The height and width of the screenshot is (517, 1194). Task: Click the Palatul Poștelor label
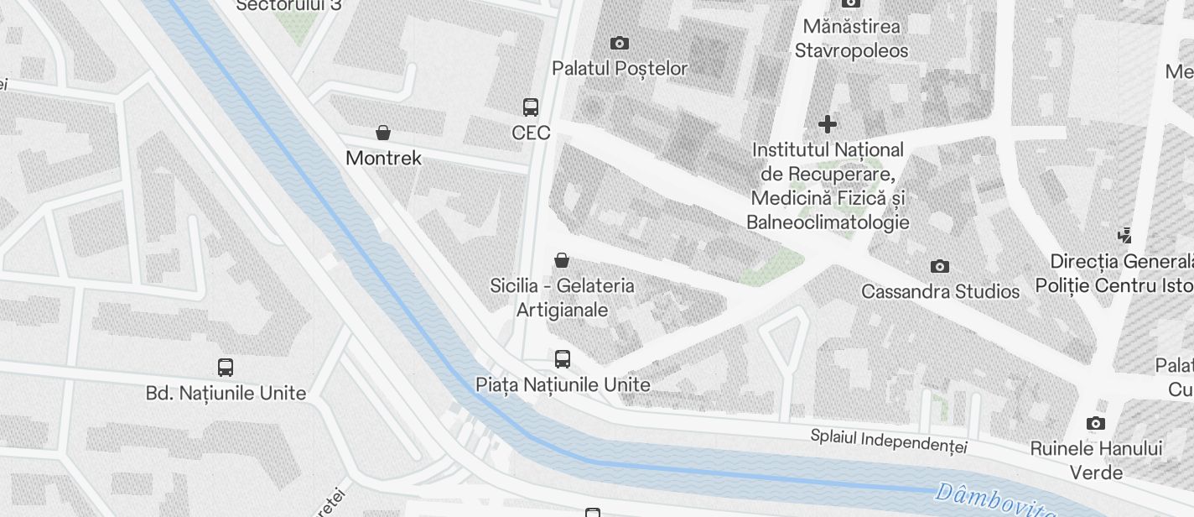pos(620,68)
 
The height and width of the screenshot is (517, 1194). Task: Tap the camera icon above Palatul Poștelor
pos(620,43)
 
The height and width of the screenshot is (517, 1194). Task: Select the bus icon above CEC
pos(531,107)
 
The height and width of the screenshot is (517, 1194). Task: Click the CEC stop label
pos(531,133)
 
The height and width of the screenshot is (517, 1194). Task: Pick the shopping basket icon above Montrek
pos(383,133)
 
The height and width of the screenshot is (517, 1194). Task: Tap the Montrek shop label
pos(383,158)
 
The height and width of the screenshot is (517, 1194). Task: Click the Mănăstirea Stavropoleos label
pos(850,39)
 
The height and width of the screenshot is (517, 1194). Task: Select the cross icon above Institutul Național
pos(828,124)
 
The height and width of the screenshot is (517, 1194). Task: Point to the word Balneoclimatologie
pos(828,222)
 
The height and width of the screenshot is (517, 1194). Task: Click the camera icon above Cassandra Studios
pos(940,266)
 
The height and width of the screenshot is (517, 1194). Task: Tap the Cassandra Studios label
pos(940,291)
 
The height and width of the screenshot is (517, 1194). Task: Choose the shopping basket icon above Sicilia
pos(562,260)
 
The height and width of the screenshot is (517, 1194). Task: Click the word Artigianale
pos(562,310)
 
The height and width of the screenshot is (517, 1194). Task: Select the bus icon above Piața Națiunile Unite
pos(563,359)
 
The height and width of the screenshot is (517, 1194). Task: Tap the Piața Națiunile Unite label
pos(563,384)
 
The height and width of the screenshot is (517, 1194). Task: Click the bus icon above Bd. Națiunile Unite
pos(226,367)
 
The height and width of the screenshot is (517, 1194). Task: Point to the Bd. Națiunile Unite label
pos(226,392)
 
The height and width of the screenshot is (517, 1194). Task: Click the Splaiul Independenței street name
pos(889,441)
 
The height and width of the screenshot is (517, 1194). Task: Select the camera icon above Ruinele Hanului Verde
pos(1095,423)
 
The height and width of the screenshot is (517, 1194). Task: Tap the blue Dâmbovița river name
pos(994,500)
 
